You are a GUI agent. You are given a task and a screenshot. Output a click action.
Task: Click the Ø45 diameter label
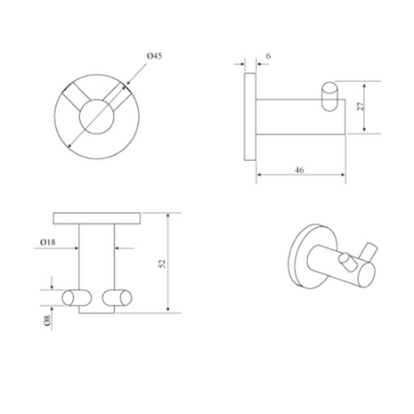154,56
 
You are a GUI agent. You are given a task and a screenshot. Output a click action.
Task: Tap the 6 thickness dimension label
268,56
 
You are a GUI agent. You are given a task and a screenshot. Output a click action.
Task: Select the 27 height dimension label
360,107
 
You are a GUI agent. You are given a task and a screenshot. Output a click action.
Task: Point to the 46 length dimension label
299,170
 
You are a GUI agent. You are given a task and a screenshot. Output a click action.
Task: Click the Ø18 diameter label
48,242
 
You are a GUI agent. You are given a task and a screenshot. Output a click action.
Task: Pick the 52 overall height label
162,264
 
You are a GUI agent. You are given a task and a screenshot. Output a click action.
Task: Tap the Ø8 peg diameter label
47,321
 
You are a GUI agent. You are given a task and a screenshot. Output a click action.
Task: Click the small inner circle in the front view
96,117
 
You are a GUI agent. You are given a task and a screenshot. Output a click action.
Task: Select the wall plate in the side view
250,117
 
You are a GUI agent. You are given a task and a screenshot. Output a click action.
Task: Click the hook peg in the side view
329,96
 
